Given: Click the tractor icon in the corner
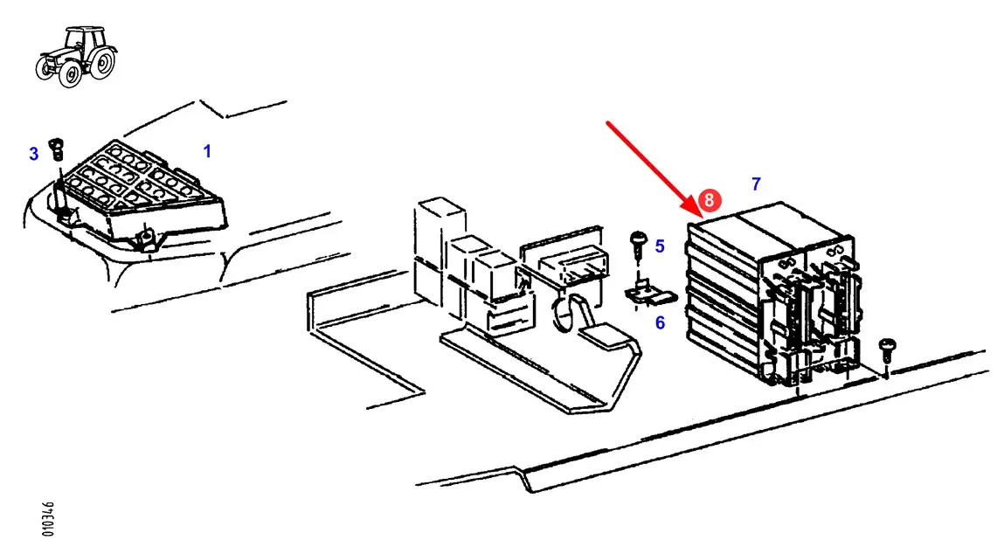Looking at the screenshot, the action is click(x=75, y=56).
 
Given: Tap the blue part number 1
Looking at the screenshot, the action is click(x=207, y=151).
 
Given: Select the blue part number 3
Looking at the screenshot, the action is click(x=34, y=155).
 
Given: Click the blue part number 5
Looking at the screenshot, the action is click(x=660, y=246).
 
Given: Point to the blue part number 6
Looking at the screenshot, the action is click(x=660, y=323).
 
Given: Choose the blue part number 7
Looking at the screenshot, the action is click(x=756, y=183).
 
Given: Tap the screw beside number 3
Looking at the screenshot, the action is click(x=58, y=145).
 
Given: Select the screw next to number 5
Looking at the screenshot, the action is click(x=638, y=240).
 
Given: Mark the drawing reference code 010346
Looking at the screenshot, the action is click(x=49, y=519).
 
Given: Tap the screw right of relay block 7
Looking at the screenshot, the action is click(x=887, y=350).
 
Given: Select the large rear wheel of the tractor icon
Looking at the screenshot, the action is click(x=101, y=63).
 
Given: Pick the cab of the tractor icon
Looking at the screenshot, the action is click(x=83, y=39).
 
